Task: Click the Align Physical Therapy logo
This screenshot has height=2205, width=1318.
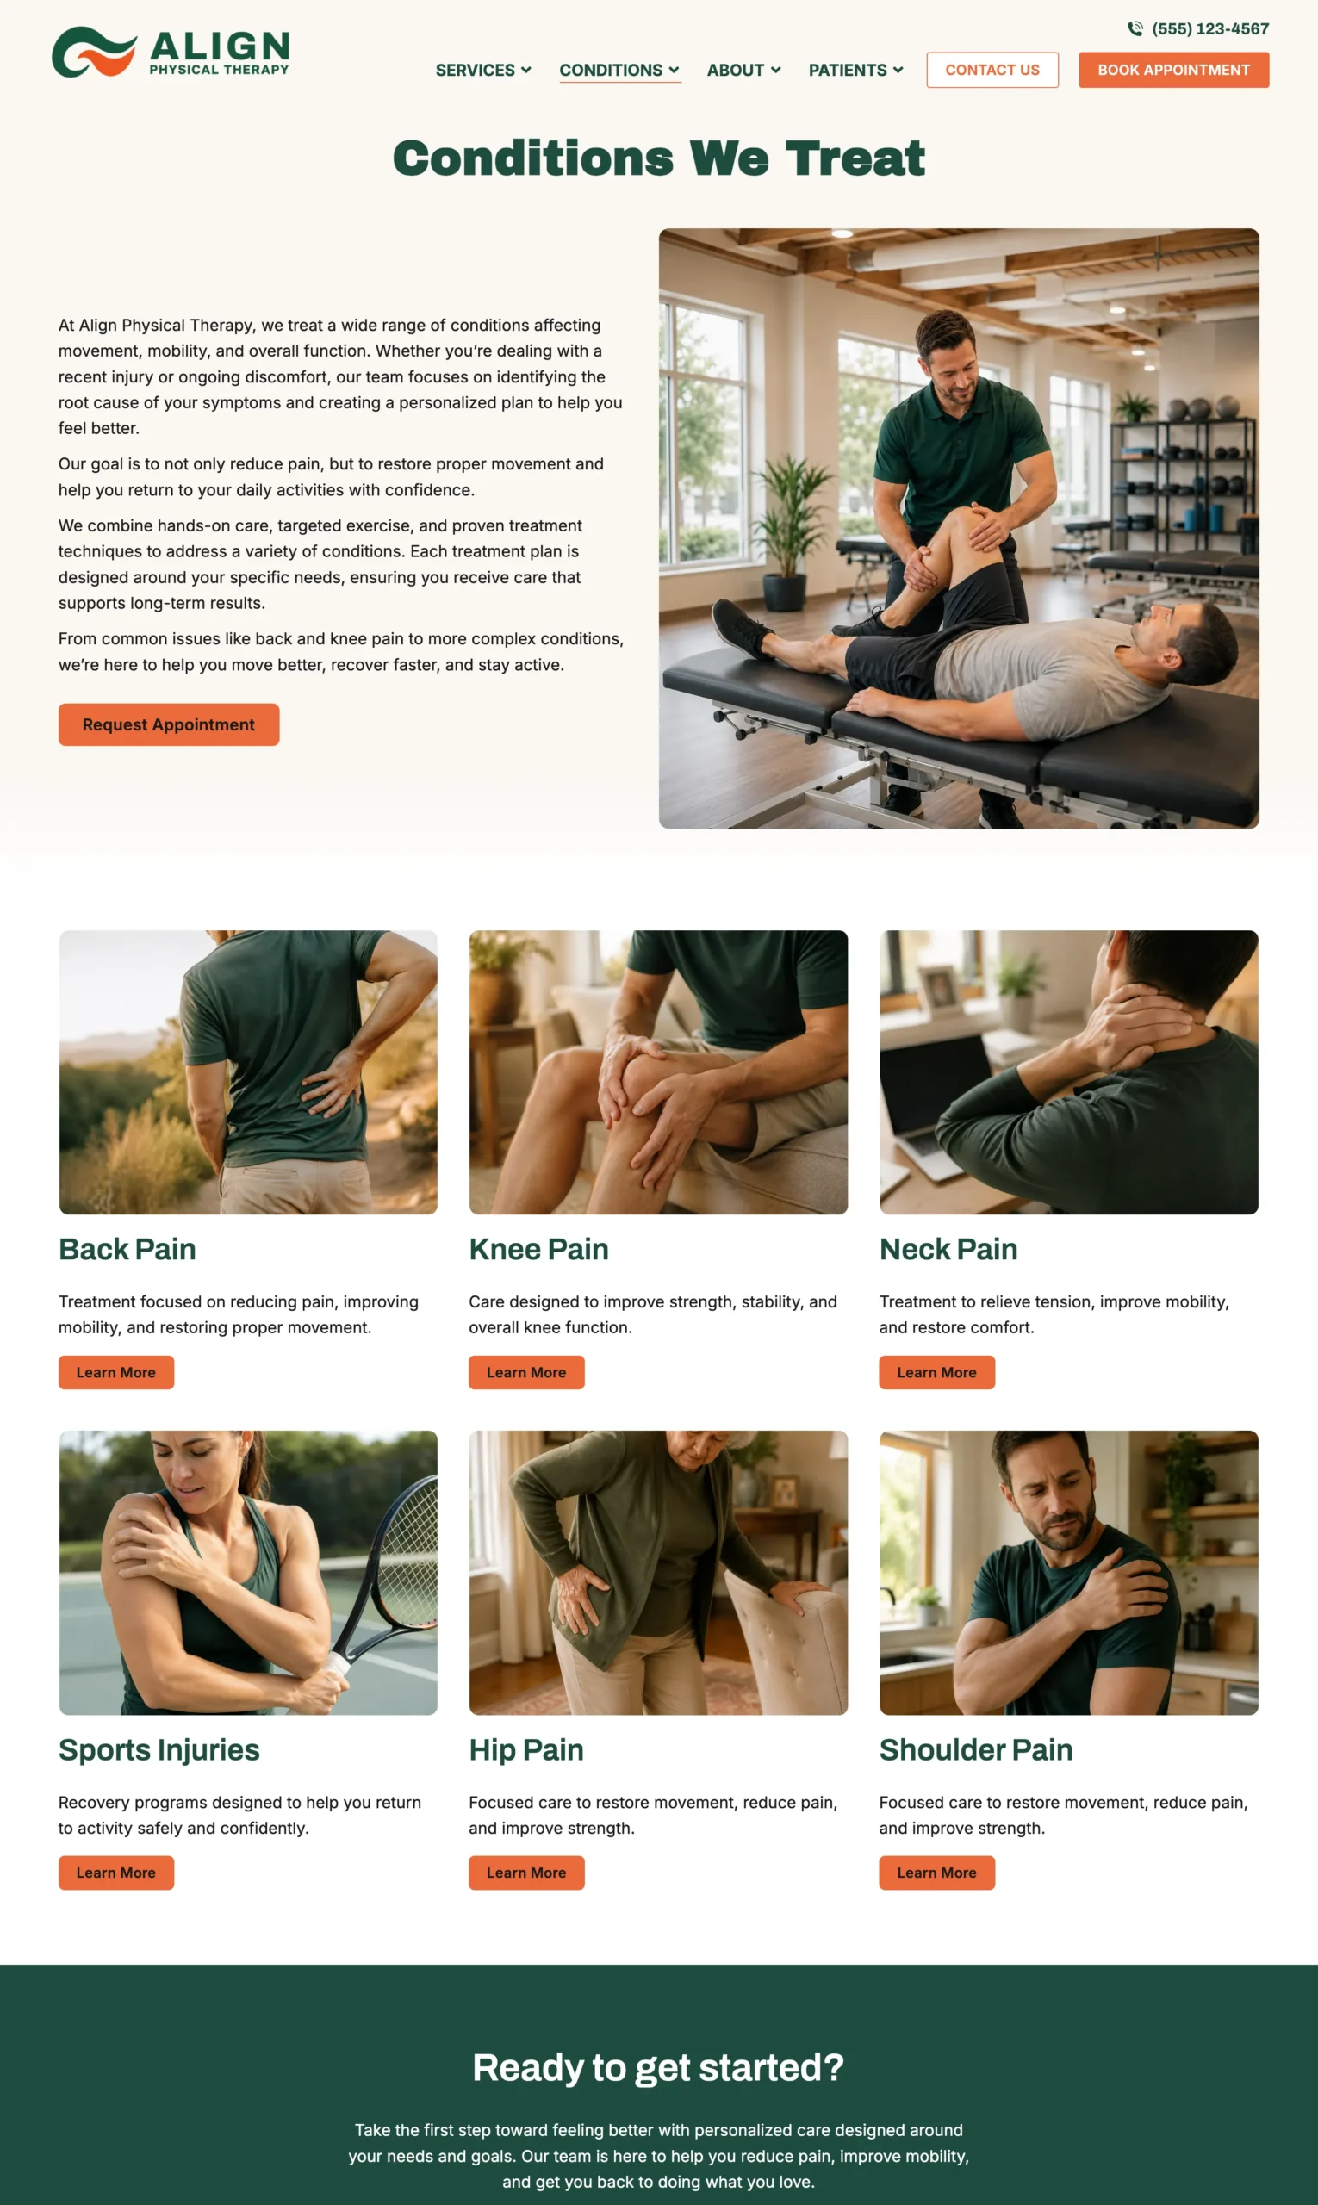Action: click(171, 53)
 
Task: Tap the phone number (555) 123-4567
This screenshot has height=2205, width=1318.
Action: click(1209, 29)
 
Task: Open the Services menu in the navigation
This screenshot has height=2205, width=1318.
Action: click(483, 70)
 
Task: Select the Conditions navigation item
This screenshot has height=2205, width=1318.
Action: click(620, 70)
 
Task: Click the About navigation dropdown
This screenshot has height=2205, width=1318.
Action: click(744, 70)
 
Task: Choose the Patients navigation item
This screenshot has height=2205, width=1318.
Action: click(856, 70)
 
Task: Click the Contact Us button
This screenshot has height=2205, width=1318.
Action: click(992, 70)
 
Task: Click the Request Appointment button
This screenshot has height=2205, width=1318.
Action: click(169, 724)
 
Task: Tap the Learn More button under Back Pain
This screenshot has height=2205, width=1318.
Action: click(116, 1372)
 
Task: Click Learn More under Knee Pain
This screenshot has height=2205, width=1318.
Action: click(526, 1372)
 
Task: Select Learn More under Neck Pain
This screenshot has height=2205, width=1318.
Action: click(937, 1372)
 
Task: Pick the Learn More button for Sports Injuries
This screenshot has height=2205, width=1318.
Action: click(116, 1872)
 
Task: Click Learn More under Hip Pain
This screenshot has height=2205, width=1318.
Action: click(526, 1872)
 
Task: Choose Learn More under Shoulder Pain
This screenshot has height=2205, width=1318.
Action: click(937, 1872)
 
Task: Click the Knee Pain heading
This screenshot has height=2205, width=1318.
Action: click(539, 1249)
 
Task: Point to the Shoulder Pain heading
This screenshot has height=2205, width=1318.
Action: click(976, 1749)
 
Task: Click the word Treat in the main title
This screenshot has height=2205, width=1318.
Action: click(855, 158)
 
